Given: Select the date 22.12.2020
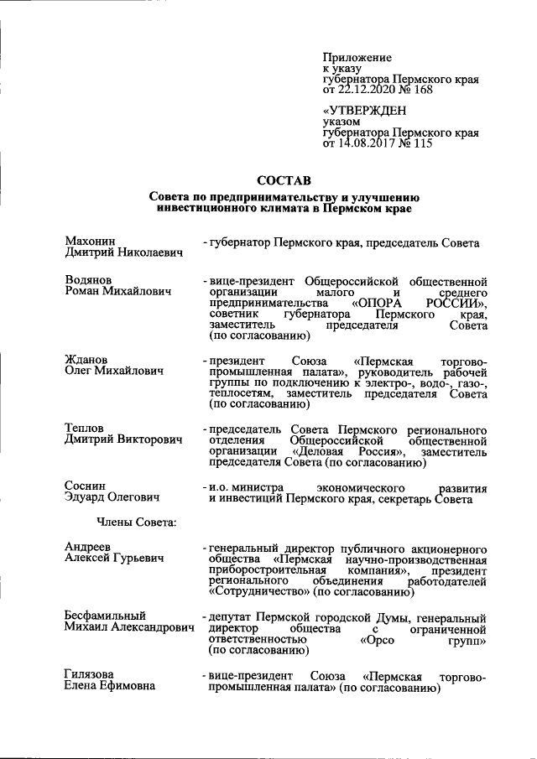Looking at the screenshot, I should coord(368,90).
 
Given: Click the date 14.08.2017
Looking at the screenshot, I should coord(368,143).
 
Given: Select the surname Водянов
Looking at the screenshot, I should coord(88,279).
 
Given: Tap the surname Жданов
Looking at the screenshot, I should coord(86,360).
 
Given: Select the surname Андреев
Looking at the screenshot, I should coord(87,547).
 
